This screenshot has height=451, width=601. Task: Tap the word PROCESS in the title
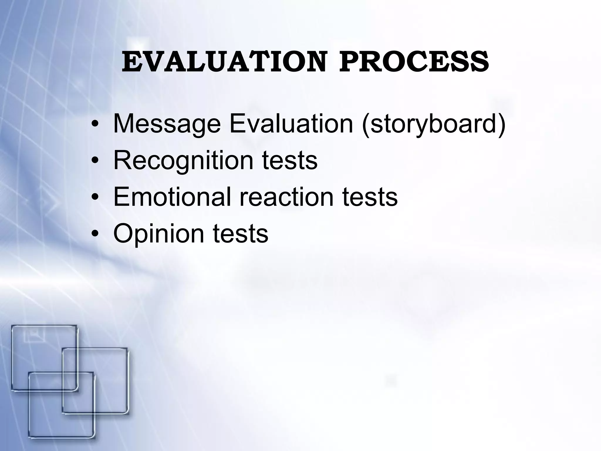click(414, 62)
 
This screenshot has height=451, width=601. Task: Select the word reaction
click(286, 197)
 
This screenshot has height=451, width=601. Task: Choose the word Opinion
click(158, 234)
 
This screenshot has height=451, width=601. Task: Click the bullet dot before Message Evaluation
click(94, 124)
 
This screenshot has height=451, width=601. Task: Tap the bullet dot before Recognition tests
click(94, 161)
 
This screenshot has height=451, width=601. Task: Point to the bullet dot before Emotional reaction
click(94, 197)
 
